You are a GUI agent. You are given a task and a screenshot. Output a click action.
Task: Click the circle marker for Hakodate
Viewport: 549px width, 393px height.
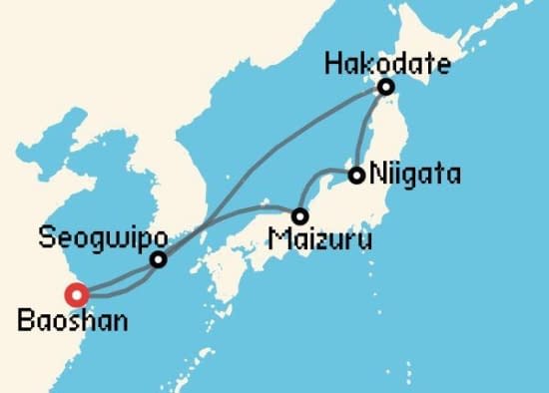coord(384,88)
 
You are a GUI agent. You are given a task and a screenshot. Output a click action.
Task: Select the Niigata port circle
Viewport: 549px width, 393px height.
coord(355,176)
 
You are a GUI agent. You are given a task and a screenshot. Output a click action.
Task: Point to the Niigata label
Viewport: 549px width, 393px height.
coord(414,176)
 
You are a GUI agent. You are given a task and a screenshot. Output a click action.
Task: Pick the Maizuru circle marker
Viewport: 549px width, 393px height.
coord(298,215)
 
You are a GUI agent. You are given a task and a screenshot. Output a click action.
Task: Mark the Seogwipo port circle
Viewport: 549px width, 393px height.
coord(158,260)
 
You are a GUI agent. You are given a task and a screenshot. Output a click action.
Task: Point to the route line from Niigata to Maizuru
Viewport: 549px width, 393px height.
coord(314,181)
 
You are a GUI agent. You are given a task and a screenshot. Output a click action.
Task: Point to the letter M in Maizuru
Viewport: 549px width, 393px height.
coord(275,239)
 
